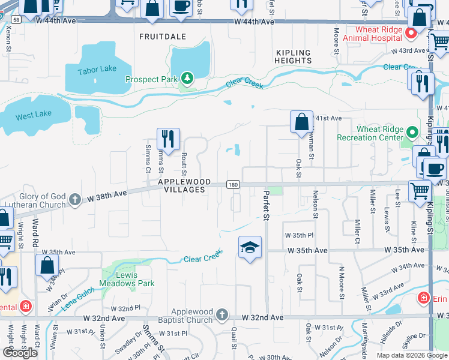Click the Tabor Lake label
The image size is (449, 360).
[97, 69]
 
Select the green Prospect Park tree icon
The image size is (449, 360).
[187, 79]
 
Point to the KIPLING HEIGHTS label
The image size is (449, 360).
[294, 56]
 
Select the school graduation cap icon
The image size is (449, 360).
[249, 247]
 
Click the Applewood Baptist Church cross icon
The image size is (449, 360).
[222, 314]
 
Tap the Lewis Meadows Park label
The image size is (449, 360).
[135, 279]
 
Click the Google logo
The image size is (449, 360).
[20, 353]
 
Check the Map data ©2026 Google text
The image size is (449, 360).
[411, 355]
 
